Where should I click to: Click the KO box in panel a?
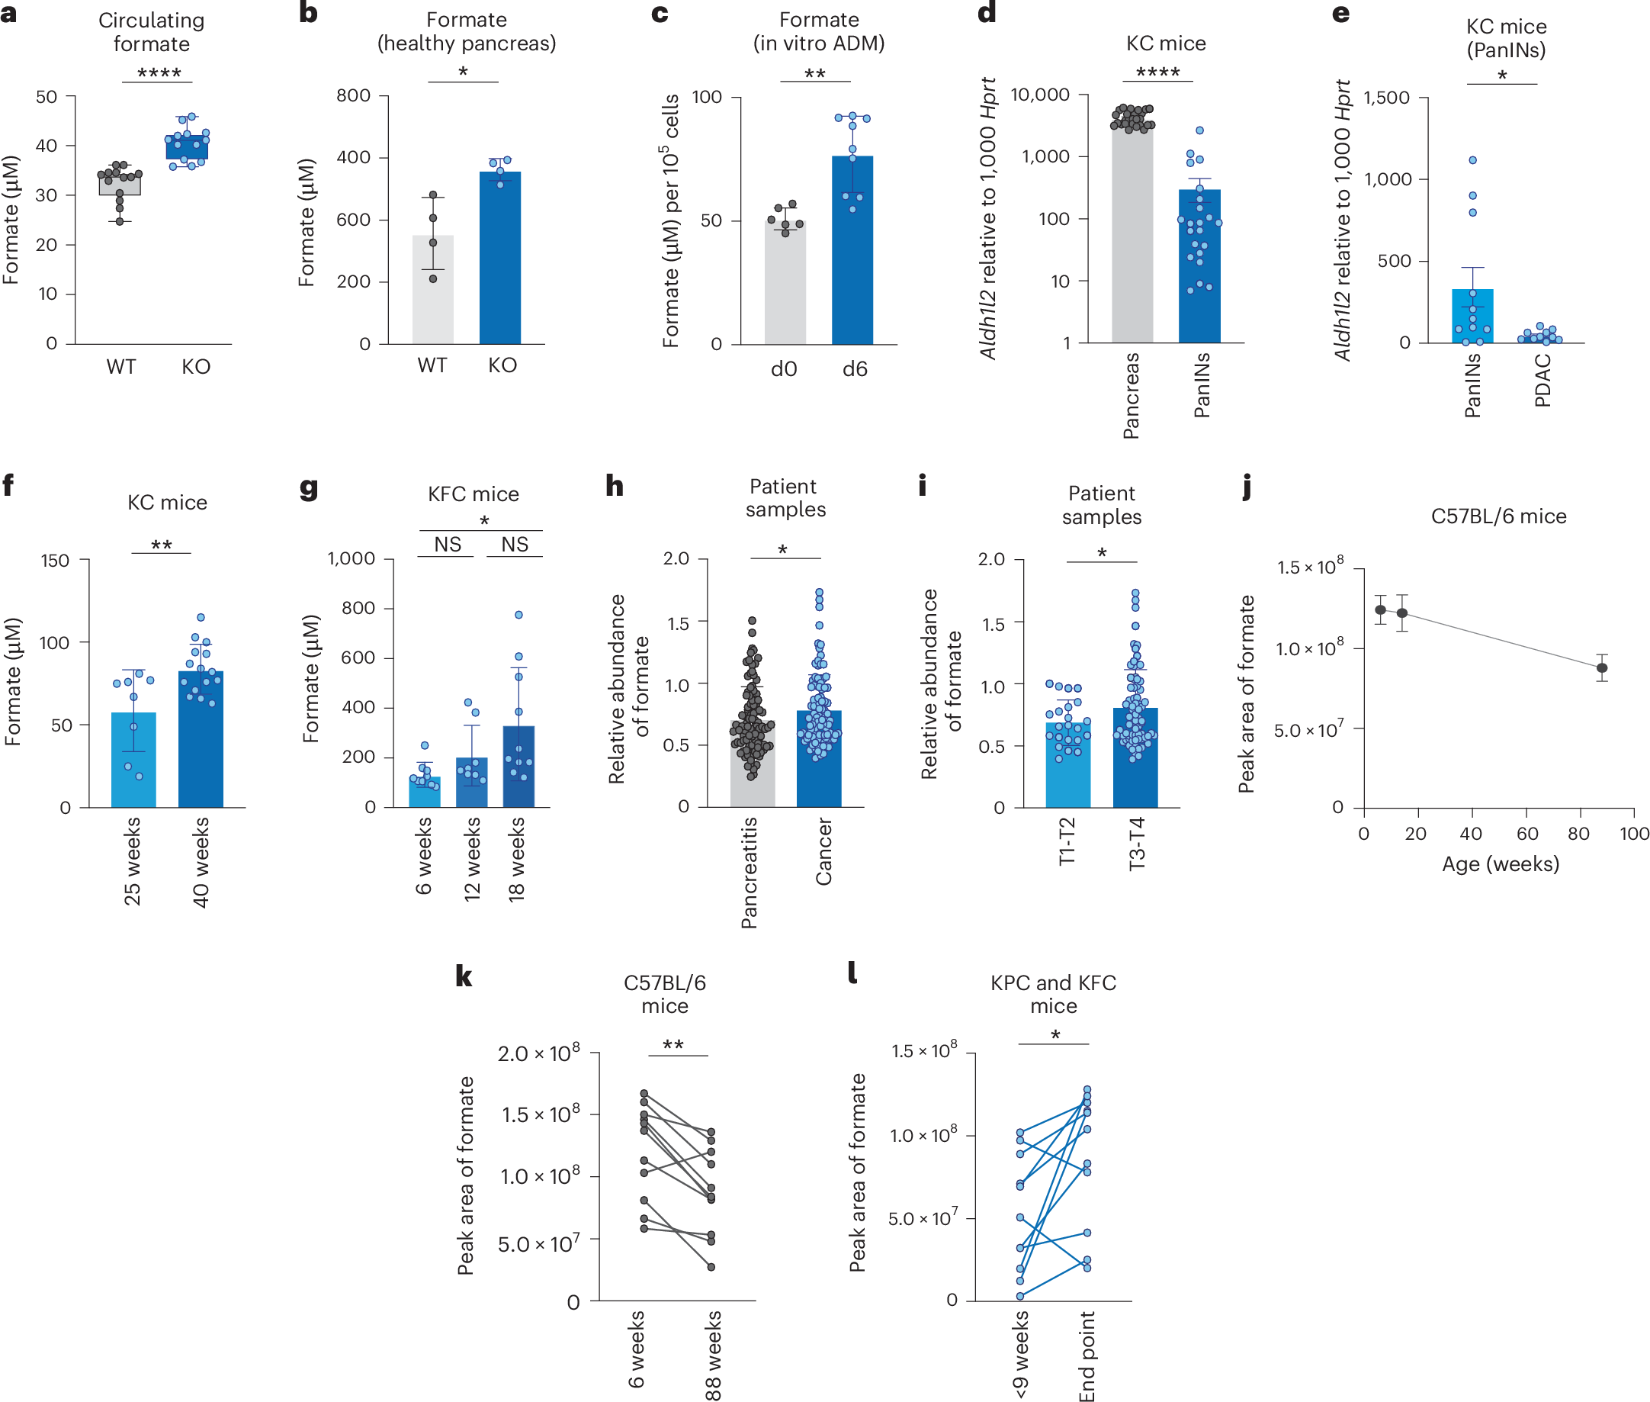[x=187, y=147]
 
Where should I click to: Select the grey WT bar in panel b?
[x=433, y=290]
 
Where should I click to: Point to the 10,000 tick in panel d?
[x=1040, y=95]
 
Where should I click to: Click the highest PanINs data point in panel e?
[x=1473, y=160]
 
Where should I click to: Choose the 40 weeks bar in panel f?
[x=201, y=739]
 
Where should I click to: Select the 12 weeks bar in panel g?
[x=472, y=782]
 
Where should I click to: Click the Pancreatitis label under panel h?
[x=749, y=873]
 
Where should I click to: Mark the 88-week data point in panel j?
[x=1602, y=667]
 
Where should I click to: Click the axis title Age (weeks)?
[x=1501, y=864]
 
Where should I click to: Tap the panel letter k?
[x=464, y=977]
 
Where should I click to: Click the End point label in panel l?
[x=1087, y=1356]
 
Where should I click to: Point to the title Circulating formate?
[x=151, y=32]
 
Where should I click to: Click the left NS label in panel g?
[x=448, y=545]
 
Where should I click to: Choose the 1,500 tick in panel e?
[x=1386, y=98]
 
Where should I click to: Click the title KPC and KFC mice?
[x=1054, y=994]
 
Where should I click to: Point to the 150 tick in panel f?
[x=55, y=561]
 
